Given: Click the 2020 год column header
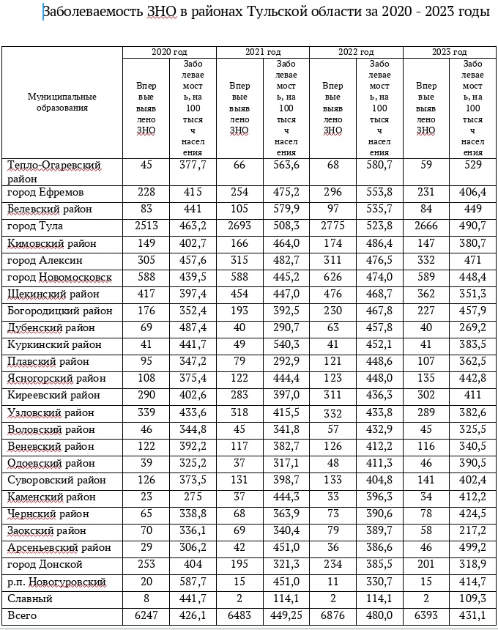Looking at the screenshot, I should [168, 52].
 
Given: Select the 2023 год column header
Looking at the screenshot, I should [450, 52].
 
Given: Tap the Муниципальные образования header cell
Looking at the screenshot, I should [62, 102].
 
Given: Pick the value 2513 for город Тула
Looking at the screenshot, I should [146, 226].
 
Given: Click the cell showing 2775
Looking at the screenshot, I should [332, 226].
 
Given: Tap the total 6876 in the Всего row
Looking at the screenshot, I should [332, 616].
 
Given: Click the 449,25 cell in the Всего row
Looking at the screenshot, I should [286, 616].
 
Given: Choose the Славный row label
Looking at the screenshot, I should [30, 599].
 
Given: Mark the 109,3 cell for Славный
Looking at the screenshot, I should [472, 599].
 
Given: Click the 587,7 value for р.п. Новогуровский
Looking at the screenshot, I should [193, 582].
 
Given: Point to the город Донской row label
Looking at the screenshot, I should [45, 565].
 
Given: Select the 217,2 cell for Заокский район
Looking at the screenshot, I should [472, 530].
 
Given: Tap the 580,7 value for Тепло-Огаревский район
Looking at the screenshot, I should [379, 166].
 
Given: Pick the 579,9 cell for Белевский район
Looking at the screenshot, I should [286, 210].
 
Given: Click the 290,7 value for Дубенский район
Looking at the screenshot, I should [286, 327].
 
